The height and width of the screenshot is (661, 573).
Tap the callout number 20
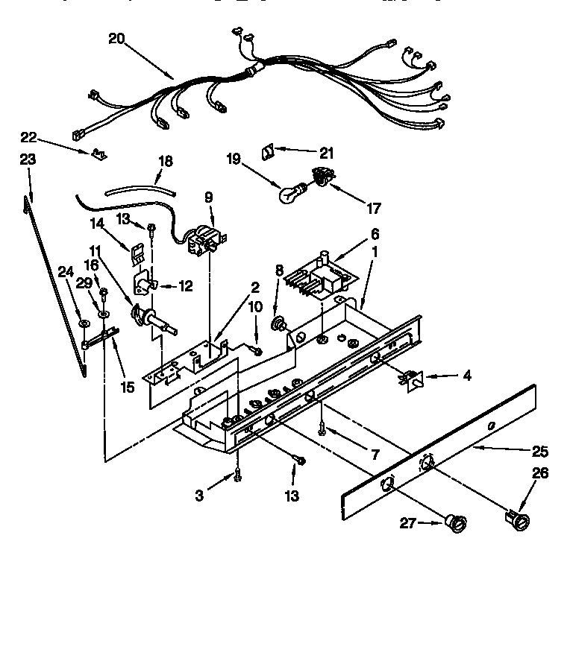point(117,39)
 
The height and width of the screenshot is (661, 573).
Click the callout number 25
point(540,451)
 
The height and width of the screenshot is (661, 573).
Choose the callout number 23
point(28,159)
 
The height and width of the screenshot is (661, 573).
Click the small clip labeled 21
point(266,152)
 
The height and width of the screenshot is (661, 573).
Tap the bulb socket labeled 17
point(321,178)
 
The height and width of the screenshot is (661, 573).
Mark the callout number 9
point(208,197)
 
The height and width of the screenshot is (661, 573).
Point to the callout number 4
point(467,376)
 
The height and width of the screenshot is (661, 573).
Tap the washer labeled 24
point(84,323)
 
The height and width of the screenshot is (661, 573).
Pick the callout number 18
point(166,160)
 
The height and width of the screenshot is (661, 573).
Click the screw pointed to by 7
point(322,428)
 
